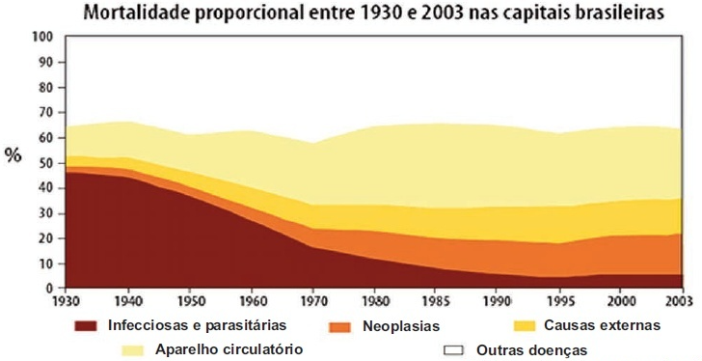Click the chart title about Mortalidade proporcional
[373, 14]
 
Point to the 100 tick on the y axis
[43, 37]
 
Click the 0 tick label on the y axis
[49, 289]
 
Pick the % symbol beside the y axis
[13, 155]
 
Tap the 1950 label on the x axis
[190, 301]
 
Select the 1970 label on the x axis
[313, 301]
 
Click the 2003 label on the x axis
[682, 301]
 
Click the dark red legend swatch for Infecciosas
[86, 325]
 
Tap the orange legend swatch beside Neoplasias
[339, 327]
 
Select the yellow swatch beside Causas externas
[524, 325]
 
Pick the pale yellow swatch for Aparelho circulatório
[132, 350]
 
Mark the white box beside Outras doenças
[452, 350]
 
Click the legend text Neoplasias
[401, 326]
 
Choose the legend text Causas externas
[602, 325]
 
